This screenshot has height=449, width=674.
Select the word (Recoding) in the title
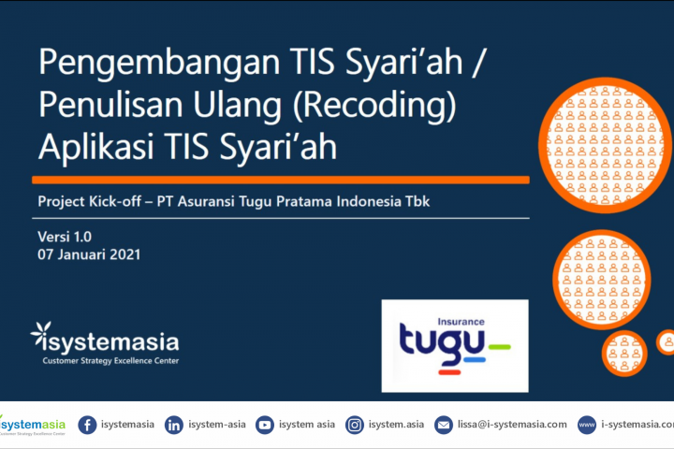point(374,106)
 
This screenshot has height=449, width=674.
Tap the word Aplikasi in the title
point(96,146)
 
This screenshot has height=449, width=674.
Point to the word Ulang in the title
point(237,106)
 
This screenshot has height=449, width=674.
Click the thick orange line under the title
point(281,180)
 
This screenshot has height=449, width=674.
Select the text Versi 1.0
point(65,237)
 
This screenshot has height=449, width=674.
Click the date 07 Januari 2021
point(89,254)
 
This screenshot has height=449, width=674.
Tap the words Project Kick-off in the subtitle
point(90,201)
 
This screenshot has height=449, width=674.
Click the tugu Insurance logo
point(455,346)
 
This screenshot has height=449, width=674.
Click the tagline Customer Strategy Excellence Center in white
point(110,361)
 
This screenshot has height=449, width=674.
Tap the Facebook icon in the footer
point(87,425)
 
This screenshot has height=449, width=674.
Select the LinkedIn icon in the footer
point(174,425)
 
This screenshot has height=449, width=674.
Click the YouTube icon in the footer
point(265,425)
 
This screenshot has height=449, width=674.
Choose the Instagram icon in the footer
point(355,425)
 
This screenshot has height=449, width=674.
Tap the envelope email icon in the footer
point(444,425)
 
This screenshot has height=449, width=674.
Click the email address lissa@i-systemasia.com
point(512,425)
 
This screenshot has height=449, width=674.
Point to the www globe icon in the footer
point(587,425)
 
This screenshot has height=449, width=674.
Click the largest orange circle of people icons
point(605,145)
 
